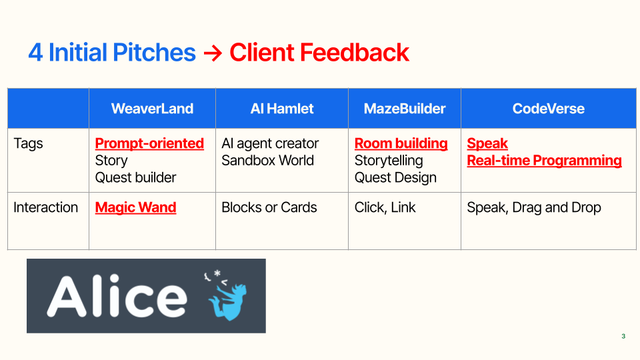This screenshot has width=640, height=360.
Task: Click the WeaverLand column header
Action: coord(152,109)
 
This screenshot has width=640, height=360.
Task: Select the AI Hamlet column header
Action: coord(282,109)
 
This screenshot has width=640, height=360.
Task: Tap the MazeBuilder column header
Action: coord(405,109)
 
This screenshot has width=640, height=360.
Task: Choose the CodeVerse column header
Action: coord(549,109)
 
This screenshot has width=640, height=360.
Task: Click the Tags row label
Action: coord(28,144)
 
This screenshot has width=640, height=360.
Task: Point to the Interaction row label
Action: coord(46,207)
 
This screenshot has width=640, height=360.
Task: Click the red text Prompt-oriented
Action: coord(149,144)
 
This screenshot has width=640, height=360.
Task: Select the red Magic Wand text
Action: coord(135,208)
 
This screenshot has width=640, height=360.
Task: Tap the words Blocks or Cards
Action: coord(269,207)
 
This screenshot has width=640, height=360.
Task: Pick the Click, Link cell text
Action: coord(385,208)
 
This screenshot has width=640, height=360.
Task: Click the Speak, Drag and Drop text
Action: coord(534,208)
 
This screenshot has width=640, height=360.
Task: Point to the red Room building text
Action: coord(401,144)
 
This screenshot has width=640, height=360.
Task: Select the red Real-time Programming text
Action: coord(545,161)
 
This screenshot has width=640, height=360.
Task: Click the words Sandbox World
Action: coord(268,161)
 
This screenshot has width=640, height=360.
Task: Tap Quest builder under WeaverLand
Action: coord(135,177)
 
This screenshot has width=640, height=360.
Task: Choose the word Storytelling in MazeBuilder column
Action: coord(389,161)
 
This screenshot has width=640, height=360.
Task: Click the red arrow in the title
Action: coord(213,53)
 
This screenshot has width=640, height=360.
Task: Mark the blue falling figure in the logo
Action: coord(227,297)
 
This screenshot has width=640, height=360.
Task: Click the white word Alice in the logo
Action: coord(117,296)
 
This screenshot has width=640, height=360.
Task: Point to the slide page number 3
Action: coord(623,336)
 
